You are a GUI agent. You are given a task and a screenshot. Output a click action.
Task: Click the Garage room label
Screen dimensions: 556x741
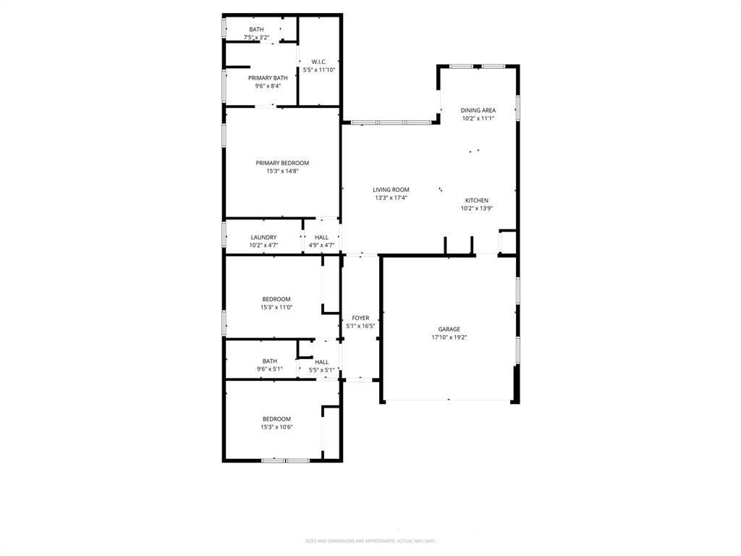(x=449, y=329)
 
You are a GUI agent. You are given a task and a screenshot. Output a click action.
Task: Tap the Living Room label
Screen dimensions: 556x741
(x=391, y=190)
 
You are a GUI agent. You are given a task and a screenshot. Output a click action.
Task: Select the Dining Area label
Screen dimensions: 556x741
(x=478, y=111)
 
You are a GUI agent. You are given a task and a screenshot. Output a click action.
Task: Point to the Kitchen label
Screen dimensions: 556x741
(x=476, y=201)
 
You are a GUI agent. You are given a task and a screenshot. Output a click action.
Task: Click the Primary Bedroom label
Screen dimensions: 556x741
(x=282, y=163)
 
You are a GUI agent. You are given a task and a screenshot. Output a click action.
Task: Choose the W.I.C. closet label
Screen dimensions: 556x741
(x=319, y=62)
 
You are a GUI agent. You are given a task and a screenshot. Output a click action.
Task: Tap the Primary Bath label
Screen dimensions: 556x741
(x=268, y=78)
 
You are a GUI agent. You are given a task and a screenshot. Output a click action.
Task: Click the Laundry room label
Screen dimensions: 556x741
(x=263, y=237)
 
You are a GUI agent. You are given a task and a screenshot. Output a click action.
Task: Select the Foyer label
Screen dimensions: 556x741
(x=360, y=318)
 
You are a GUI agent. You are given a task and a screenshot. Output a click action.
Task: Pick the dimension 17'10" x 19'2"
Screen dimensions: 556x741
(x=449, y=337)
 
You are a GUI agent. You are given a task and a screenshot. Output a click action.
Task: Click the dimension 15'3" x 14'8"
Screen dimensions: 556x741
(x=282, y=172)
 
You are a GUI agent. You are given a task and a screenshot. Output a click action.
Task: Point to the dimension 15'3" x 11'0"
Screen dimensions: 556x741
(x=276, y=307)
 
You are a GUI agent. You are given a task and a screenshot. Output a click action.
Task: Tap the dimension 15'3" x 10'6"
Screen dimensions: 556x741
(x=276, y=427)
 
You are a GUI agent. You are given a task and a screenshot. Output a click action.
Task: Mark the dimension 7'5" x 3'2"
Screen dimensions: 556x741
(x=256, y=37)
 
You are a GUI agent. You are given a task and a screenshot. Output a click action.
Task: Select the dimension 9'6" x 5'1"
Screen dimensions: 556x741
(x=270, y=369)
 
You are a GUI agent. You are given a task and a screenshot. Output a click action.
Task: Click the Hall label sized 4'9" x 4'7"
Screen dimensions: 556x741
(x=321, y=237)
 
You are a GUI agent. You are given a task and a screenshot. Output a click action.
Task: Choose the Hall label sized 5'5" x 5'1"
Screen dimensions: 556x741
(x=321, y=362)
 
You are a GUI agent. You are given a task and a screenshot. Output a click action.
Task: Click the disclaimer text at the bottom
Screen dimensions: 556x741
(x=370, y=541)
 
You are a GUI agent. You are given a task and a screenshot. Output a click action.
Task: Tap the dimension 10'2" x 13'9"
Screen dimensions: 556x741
(x=476, y=208)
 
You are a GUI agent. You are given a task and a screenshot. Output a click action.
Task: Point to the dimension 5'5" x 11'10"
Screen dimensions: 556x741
(x=319, y=70)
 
